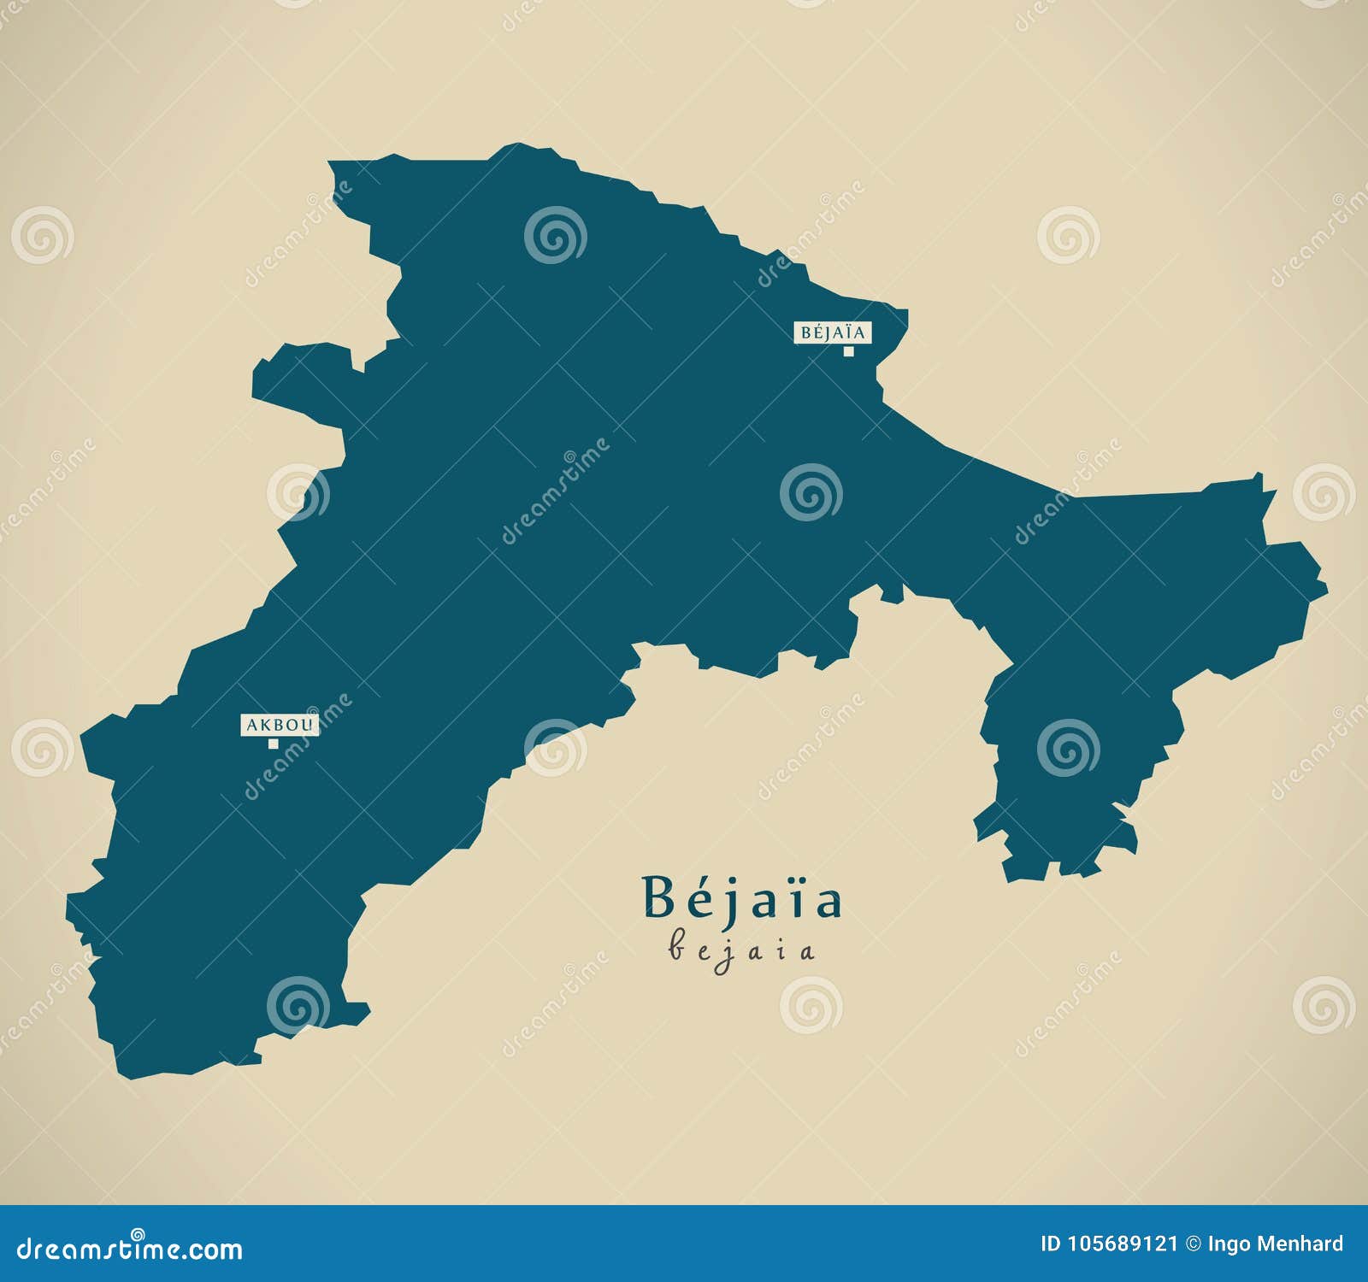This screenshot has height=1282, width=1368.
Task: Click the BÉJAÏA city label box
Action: [833, 332]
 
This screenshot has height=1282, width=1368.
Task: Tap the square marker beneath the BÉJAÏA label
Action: [849, 351]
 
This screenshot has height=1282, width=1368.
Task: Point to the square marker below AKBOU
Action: [274, 744]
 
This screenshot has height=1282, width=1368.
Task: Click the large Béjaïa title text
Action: [742, 897]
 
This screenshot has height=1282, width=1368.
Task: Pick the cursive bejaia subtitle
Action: [742, 950]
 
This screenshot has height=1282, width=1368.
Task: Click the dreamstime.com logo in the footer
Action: [130, 1250]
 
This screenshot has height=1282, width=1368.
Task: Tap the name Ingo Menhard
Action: [1276, 1244]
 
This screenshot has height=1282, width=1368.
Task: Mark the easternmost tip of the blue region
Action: [1325, 588]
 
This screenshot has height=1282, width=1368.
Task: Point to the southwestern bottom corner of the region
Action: [130, 1075]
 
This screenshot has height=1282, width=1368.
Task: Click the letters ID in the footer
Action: [1051, 1244]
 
